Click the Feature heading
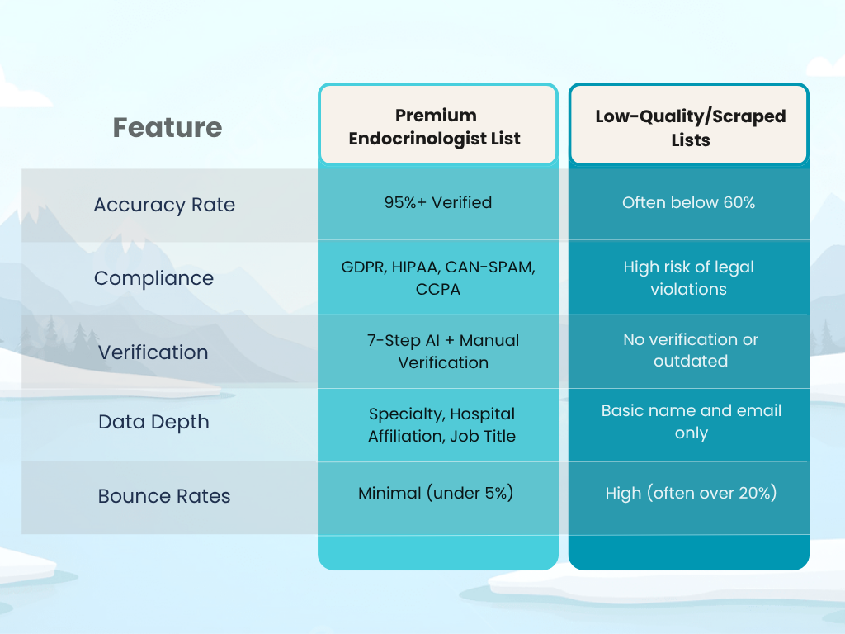pyautogui.click(x=168, y=128)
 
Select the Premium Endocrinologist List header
pyautogui.click(x=435, y=126)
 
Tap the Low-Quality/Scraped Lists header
pyautogui.click(x=690, y=127)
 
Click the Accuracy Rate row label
pyautogui.click(x=164, y=205)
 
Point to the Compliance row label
pyautogui.click(x=153, y=278)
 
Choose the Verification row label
pyautogui.click(x=153, y=352)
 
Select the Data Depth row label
pyautogui.click(x=153, y=422)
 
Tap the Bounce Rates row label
pyautogui.click(x=164, y=496)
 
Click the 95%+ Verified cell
pyautogui.click(x=437, y=201)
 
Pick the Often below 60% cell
pyautogui.click(x=688, y=202)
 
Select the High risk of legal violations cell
pyautogui.click(x=688, y=278)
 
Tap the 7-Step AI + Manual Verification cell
pyautogui.click(x=443, y=351)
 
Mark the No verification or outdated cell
pyautogui.click(x=690, y=350)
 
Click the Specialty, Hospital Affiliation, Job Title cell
pyautogui.click(x=441, y=424)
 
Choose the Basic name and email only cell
pyautogui.click(x=691, y=422)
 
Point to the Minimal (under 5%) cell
pyautogui.click(x=436, y=494)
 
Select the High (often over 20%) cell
pyautogui.click(x=691, y=494)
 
